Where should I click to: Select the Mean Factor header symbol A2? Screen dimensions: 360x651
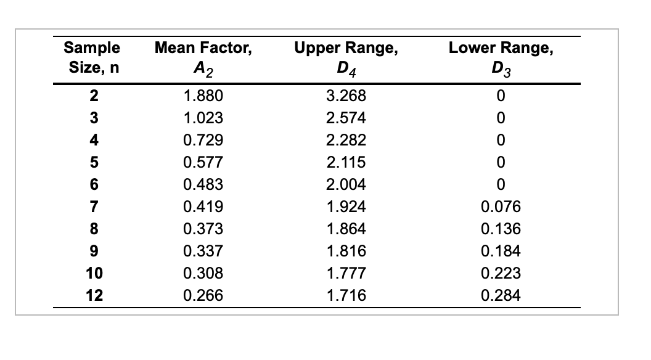(x=203, y=68)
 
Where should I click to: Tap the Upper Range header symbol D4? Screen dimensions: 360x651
(x=346, y=68)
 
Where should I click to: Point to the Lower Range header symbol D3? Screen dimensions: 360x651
(x=501, y=68)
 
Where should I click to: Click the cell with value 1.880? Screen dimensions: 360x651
(x=203, y=96)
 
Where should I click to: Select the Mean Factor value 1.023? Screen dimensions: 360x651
(x=203, y=118)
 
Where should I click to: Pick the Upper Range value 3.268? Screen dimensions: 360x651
(x=346, y=96)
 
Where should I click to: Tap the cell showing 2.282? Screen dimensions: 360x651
(x=346, y=141)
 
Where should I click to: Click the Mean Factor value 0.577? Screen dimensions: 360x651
(x=203, y=163)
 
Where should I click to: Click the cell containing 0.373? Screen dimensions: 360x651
(x=203, y=229)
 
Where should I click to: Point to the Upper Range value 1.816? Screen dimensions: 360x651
(x=346, y=252)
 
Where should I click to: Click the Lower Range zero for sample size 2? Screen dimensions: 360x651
(x=501, y=96)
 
